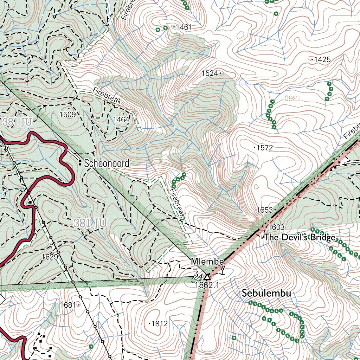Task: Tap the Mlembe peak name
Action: click(207, 262)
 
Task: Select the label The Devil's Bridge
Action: click(300, 237)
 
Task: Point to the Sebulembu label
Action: click(266, 294)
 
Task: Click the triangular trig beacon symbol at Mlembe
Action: click(207, 277)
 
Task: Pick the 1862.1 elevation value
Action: click(207, 285)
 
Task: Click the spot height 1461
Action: click(184, 27)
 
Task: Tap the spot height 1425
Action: click(322, 59)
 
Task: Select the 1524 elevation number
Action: click(210, 73)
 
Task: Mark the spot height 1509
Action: click(67, 114)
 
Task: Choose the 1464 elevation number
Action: click(121, 120)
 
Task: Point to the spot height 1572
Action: click(265, 148)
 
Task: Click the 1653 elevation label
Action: click(264, 210)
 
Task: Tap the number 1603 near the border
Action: click(276, 227)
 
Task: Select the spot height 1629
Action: click(50, 257)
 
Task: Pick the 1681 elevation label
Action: click(68, 305)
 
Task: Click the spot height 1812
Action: click(159, 324)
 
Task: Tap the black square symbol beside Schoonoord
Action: click(81, 163)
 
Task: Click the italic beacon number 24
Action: click(197, 277)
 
